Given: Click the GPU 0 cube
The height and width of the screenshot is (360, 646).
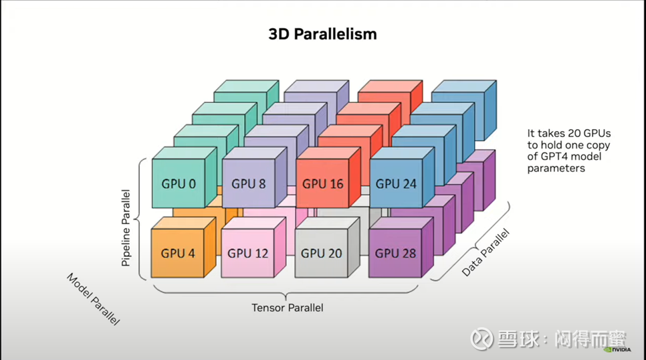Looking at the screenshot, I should tap(179, 183).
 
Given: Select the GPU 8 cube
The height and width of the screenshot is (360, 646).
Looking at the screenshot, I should tap(249, 183).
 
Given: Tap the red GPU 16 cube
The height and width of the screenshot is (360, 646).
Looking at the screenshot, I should tap(323, 183).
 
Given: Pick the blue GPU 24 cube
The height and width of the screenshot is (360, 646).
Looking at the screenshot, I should tap(397, 183).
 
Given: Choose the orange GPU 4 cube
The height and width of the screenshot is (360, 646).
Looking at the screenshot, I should tap(177, 253).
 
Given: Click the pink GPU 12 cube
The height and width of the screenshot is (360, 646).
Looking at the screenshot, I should tap(247, 253).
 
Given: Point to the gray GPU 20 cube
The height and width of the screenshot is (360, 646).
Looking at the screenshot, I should tap(321, 253).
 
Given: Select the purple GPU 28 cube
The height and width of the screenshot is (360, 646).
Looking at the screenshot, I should tap(395, 253).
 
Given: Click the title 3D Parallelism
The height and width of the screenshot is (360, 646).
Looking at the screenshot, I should tap(322, 33).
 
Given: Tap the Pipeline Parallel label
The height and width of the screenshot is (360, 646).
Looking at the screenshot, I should tap(126, 228).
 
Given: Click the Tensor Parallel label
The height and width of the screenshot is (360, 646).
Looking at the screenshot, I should tap(287, 308).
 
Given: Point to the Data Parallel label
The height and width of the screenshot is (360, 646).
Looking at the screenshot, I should tap(486, 253).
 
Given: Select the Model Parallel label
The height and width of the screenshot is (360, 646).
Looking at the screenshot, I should tap(94, 298).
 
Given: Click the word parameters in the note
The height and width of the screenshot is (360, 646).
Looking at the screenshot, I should tap(556, 169).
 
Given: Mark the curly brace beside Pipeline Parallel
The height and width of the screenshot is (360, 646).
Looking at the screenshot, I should tap(140, 218).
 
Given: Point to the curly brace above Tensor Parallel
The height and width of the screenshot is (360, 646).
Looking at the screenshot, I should tap(287, 292).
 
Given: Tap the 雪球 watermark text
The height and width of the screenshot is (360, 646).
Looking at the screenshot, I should tap(514, 340).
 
